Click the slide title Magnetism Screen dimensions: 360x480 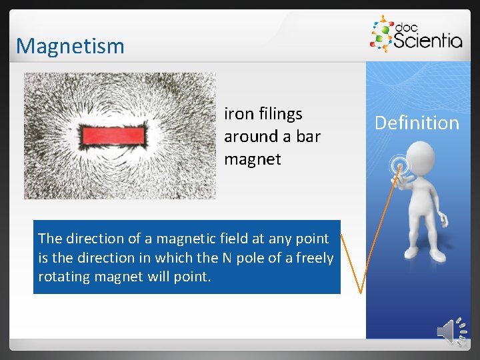70,46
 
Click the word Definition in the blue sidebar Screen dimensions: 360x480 417,123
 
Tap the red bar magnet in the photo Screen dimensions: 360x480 113,136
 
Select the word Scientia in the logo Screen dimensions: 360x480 427,41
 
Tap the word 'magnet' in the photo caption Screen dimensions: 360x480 253,159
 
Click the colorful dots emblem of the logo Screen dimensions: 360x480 382,34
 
